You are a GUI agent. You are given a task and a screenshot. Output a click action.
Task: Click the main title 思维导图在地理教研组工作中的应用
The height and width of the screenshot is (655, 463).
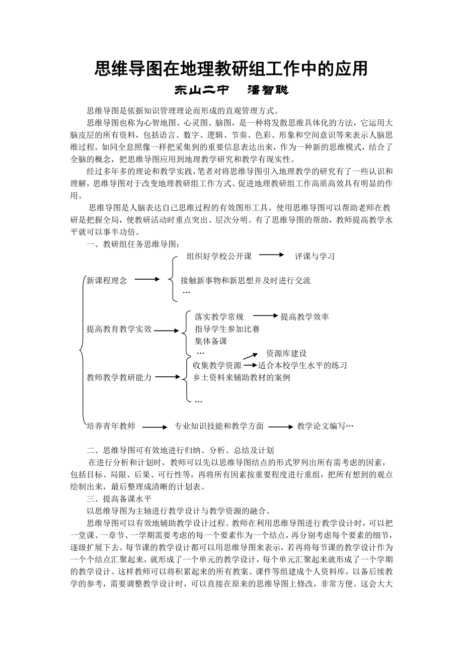[231, 69]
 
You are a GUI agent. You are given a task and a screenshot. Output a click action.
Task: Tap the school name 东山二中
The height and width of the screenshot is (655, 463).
[201, 91]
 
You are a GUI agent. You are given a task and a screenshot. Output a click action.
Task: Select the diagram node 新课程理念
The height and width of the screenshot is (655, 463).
[107, 280]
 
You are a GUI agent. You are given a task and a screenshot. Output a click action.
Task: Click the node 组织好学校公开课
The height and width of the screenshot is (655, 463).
[219, 256]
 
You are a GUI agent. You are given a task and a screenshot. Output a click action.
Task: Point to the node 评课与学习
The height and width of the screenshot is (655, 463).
[315, 256]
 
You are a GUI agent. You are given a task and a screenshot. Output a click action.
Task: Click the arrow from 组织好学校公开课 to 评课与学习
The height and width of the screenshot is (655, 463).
[272, 255]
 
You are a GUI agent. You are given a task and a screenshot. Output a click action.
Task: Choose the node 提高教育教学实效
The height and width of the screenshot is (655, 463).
[119, 329]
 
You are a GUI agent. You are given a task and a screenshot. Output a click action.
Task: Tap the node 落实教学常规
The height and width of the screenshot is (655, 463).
[219, 316]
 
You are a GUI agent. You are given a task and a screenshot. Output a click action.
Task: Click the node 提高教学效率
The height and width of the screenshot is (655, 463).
[304, 316]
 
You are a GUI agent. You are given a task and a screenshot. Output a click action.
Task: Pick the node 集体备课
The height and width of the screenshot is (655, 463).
[211, 341]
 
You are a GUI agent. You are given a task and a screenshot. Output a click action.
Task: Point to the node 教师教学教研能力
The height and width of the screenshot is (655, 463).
[119, 377]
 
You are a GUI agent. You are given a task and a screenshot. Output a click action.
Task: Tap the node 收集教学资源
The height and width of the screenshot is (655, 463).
[217, 365]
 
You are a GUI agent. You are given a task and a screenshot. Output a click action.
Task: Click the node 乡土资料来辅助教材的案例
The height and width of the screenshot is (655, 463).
[242, 377]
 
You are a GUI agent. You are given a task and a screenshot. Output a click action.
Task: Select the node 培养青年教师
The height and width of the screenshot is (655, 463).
[111, 426]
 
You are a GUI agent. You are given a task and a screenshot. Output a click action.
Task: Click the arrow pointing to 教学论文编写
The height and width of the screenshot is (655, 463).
[280, 427]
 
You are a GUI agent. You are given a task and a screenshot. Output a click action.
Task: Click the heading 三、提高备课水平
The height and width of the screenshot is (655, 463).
[119, 499]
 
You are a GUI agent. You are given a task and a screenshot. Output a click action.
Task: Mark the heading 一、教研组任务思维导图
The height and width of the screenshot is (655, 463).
[133, 244]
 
